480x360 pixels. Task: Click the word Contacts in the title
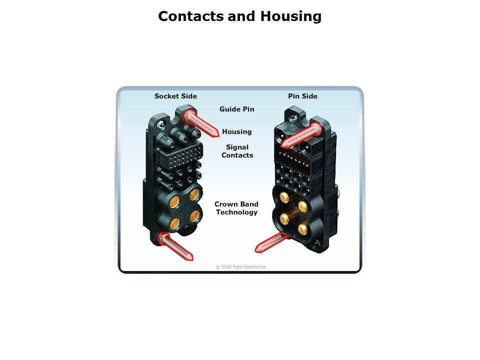pos(191,16)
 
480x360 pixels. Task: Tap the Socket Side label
pos(175,96)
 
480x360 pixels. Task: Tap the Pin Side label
pos(303,96)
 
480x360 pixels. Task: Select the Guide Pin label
pos(237,109)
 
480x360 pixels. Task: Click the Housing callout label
pos(237,131)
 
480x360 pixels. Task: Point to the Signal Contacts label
pos(237,151)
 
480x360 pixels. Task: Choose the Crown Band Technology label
pos(236,208)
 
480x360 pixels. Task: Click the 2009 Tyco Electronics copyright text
pos(240,267)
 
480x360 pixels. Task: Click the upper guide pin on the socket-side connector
pos(200,123)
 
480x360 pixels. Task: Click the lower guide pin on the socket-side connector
pos(175,246)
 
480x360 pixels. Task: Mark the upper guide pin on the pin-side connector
pos(301,135)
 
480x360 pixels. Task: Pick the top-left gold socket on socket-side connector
pos(174,201)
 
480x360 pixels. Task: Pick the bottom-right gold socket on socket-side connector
pos(195,216)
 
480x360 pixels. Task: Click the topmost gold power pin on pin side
pos(284,197)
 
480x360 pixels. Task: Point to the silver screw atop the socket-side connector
pos(160,124)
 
